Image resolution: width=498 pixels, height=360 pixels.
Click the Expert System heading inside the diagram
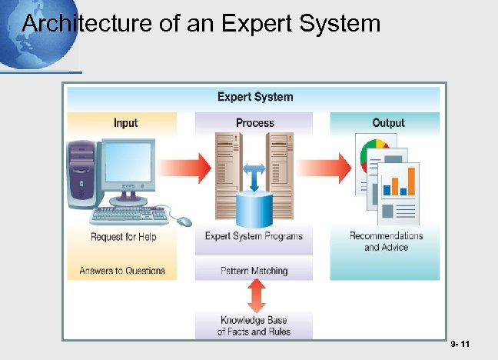pos(254,97)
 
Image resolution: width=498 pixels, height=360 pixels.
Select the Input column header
pos(125,123)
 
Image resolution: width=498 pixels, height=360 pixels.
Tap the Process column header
pos(254,123)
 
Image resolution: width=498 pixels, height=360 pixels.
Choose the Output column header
pos(388,123)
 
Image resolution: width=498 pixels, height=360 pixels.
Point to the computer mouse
pos(184,222)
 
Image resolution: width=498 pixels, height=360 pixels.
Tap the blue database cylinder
pos(254,208)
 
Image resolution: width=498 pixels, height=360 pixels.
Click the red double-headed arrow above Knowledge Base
pos(257,295)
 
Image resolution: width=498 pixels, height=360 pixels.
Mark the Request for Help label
pos(123,237)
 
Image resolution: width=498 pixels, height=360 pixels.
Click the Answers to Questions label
pos(122,271)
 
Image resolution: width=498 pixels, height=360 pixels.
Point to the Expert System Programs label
pos(254,236)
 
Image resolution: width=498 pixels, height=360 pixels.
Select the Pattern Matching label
pos(254,271)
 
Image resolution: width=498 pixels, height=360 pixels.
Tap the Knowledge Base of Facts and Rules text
pos(254,326)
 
